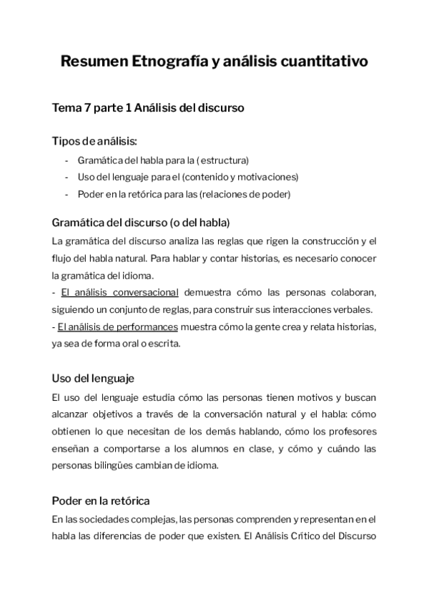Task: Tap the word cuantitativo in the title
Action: (x=327, y=62)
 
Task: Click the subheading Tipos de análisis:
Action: (x=94, y=141)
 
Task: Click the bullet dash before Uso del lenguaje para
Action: (x=66, y=177)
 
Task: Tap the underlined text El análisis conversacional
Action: (x=119, y=292)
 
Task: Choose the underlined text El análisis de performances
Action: (x=117, y=326)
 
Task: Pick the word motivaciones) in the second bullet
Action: (x=269, y=177)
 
